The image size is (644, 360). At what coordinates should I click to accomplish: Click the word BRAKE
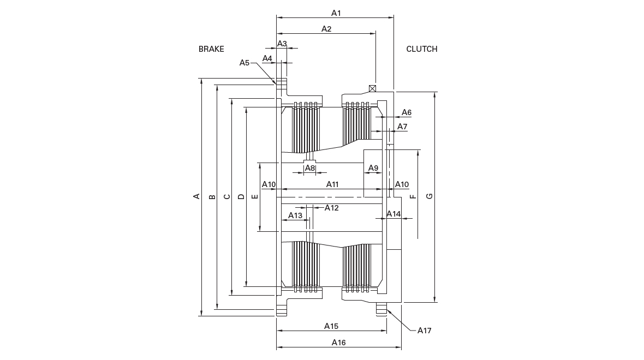point(211,49)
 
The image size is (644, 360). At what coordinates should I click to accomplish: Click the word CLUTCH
point(422,49)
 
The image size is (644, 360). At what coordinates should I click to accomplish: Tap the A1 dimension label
point(336,13)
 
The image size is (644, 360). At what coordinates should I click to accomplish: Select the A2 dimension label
point(326,29)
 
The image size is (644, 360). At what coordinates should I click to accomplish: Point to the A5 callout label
point(245,62)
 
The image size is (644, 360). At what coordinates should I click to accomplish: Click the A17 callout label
point(424,331)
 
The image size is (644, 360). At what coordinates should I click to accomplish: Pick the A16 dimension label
point(338,343)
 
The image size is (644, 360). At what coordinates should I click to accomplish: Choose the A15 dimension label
point(331,326)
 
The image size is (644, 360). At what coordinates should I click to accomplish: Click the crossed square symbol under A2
point(373,88)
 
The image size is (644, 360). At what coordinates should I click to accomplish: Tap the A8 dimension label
point(309,168)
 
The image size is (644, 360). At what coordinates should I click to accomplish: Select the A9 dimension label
point(373,168)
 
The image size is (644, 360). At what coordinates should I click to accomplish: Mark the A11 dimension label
point(332,184)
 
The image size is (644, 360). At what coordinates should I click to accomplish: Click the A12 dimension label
point(331,208)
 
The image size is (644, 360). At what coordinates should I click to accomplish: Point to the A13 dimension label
point(295,215)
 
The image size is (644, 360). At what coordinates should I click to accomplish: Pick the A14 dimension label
point(393,214)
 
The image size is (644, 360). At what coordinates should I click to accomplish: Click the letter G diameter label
point(430,196)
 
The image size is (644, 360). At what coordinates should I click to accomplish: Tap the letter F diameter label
point(414,196)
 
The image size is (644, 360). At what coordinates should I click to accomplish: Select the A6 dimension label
point(406,112)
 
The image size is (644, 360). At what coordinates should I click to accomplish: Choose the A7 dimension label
point(402,127)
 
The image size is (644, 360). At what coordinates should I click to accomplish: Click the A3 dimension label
point(282,44)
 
